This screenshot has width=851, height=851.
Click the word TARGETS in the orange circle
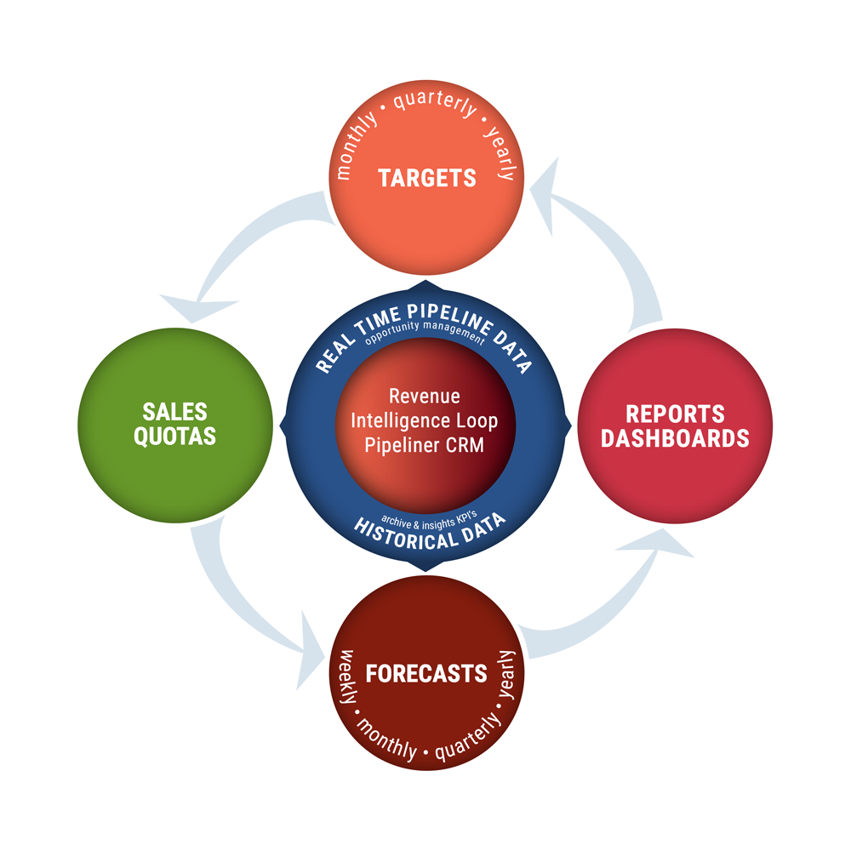pos(427,178)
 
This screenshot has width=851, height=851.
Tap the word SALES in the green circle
pos(175,412)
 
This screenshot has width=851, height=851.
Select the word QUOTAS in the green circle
pos(175,437)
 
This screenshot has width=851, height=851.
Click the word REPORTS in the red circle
pos(675,414)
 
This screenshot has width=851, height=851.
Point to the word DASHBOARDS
pos(675,439)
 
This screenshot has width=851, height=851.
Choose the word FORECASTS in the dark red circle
pos(426,674)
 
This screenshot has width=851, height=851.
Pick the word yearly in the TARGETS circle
pos(500,153)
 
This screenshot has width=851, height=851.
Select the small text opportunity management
pos(424,339)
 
